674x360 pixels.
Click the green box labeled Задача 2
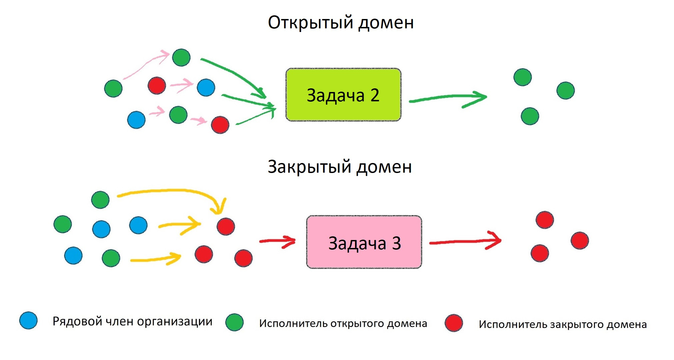coord(343,95)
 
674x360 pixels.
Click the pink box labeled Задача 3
coord(364,242)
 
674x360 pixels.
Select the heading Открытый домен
coord(341,23)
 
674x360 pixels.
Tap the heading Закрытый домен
coord(340,167)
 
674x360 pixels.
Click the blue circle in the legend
coord(28,321)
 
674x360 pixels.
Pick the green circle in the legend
coord(234,322)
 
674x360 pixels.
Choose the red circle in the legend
coord(454,323)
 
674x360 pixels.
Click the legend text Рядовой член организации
coord(132,321)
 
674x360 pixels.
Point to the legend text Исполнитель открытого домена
coord(343,323)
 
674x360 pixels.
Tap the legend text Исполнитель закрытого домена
coord(563,324)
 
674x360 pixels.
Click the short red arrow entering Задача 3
coord(277,241)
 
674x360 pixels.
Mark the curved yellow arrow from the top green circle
coord(173,191)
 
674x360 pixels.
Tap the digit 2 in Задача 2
coord(375,95)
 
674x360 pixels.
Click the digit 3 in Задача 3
coord(396,243)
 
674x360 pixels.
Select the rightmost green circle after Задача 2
coord(565,90)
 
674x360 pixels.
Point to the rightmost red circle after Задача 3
coord(580,240)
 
